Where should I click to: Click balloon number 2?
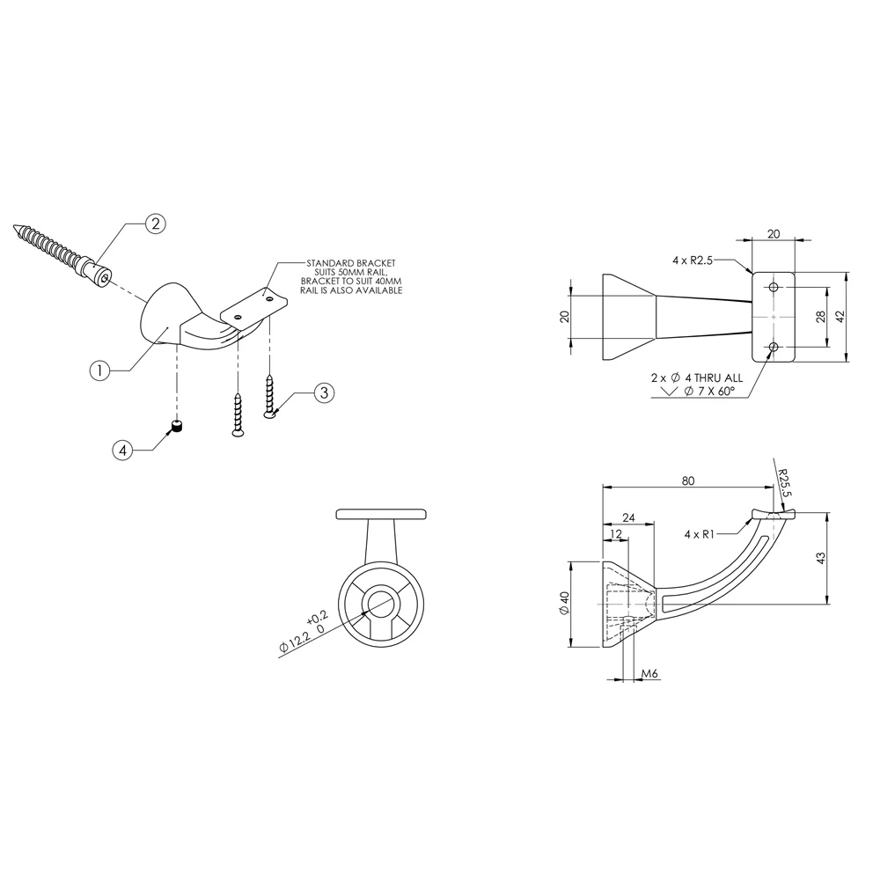(x=156, y=224)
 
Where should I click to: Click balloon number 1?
(x=100, y=370)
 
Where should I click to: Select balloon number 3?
(x=324, y=392)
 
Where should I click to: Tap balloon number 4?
(x=122, y=450)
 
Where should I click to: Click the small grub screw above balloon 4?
(x=178, y=428)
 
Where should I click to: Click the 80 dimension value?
(x=688, y=480)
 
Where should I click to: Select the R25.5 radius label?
(x=784, y=483)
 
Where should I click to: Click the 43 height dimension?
(x=820, y=558)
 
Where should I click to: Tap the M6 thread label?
(x=649, y=673)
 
